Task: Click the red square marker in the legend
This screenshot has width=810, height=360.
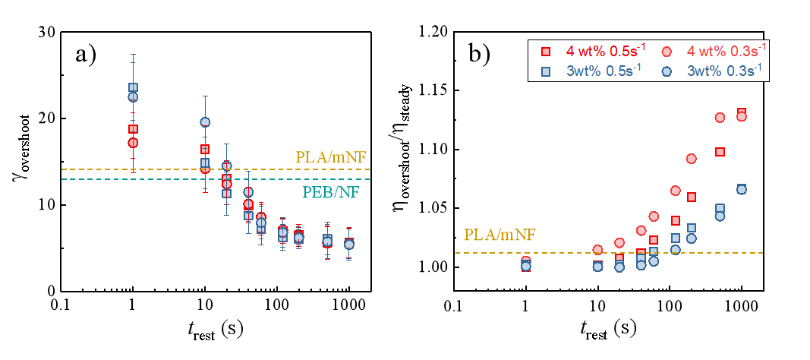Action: [x=545, y=52]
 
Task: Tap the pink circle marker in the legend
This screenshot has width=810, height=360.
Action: [x=667, y=52]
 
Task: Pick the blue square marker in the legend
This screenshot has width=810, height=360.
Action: [x=545, y=71]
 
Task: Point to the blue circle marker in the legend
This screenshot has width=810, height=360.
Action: [x=667, y=71]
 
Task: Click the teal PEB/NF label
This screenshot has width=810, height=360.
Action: [x=331, y=192]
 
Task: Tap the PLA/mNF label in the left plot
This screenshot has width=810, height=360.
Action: [x=331, y=157]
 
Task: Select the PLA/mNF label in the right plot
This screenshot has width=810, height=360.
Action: [x=500, y=235]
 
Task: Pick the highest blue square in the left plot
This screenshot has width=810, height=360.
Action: [x=133, y=87]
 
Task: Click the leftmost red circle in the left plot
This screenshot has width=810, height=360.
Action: [x=133, y=143]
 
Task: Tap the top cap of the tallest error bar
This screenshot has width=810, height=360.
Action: [x=133, y=55]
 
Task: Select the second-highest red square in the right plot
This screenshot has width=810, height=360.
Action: [x=720, y=151]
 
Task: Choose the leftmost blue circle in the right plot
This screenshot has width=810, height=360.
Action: [x=525, y=266]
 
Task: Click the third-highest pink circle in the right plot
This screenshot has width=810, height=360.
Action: [x=691, y=159]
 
